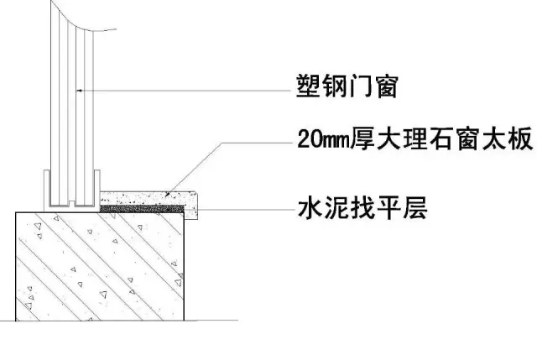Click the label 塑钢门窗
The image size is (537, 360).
(x=347, y=86)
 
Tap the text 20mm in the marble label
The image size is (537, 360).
(x=323, y=139)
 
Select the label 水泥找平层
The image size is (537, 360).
(x=362, y=208)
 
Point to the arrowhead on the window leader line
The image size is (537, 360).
(x=79, y=91)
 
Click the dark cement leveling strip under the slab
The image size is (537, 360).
(x=142, y=209)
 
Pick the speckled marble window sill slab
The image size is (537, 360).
(x=149, y=200)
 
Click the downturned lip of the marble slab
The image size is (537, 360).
(x=191, y=212)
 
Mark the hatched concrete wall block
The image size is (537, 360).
(x=100, y=267)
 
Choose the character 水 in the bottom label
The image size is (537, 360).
(x=310, y=208)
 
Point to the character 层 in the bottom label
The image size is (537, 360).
(x=415, y=208)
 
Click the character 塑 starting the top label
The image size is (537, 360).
(x=308, y=86)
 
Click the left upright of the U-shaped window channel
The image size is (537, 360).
(x=47, y=190)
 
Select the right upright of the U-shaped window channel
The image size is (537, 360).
(x=96, y=189)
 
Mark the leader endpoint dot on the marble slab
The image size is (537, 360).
(x=167, y=194)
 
